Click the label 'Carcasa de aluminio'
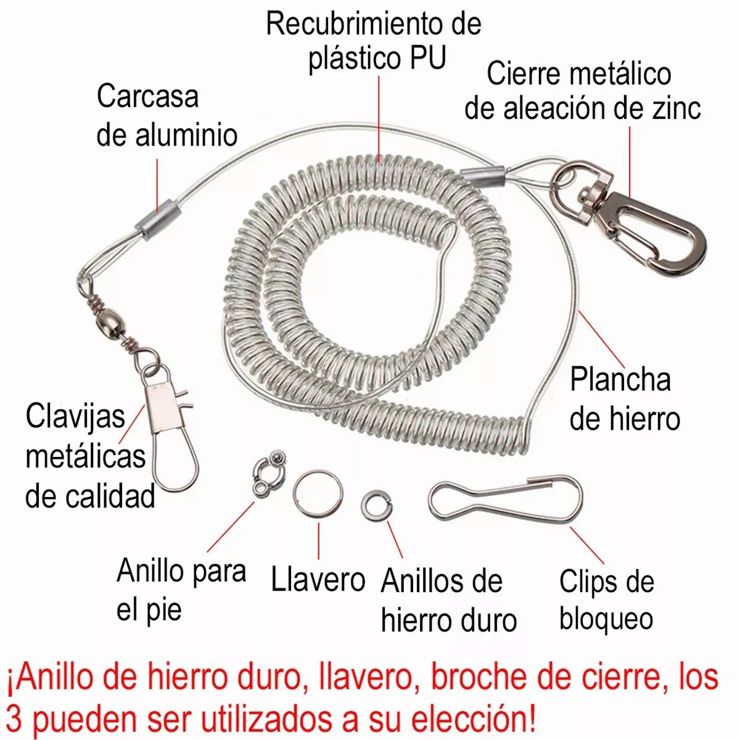(166, 116)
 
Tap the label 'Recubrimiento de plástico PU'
(374, 42)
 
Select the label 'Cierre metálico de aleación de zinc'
(582, 91)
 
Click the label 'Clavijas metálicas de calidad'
(89, 456)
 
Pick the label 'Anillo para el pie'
(181, 590)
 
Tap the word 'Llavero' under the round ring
(318, 579)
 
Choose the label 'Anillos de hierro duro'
(448, 601)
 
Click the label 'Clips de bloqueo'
(606, 600)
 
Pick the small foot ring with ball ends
(266, 474)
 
